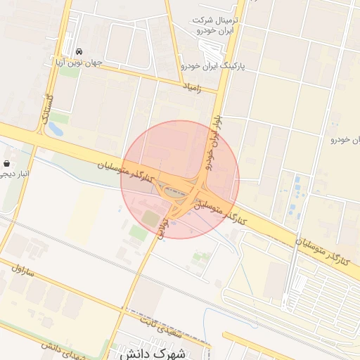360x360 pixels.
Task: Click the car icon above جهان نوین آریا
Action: (79, 52)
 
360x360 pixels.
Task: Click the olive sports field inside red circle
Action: (151, 219)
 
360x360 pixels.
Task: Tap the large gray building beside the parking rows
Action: (275, 279)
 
